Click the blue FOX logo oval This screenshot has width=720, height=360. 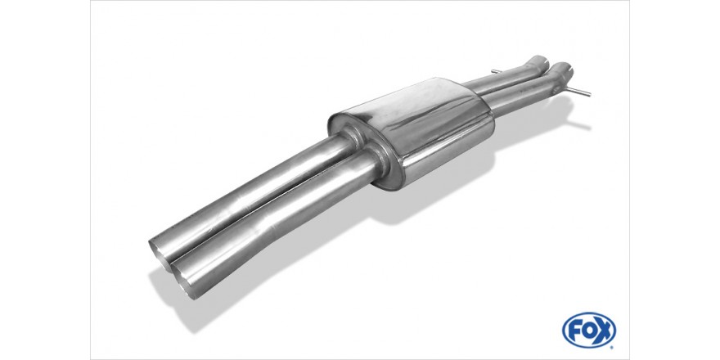coord(588,330)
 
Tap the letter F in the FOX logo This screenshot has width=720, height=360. coord(574,331)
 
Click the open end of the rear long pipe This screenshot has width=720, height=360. coord(160,250)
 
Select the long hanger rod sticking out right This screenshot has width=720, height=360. coord(579,92)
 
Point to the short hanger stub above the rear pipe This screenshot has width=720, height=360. coord(496,72)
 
